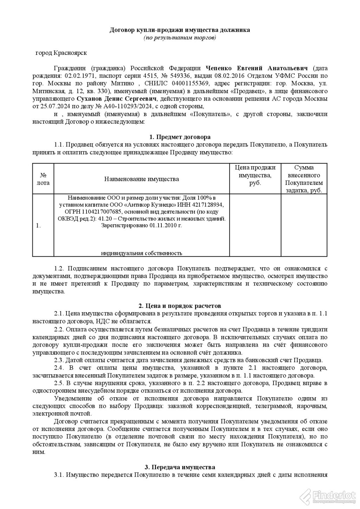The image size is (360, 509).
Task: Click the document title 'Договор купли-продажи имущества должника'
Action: (x=180, y=30)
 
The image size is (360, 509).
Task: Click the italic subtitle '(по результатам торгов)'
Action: (x=180, y=37)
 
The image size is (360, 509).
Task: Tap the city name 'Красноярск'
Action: (x=70, y=53)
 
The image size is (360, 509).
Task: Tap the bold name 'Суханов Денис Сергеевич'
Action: (x=116, y=98)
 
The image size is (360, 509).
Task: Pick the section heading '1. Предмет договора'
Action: (x=180, y=137)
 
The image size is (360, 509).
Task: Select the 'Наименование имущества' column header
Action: (x=141, y=179)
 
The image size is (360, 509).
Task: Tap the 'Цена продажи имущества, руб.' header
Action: (x=255, y=175)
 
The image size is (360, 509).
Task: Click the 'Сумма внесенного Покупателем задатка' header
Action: (x=304, y=179)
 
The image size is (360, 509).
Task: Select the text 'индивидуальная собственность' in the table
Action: (x=141, y=253)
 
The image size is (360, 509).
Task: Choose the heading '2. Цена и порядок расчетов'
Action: (x=180, y=306)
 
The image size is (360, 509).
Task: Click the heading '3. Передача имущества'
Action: (x=180, y=467)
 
